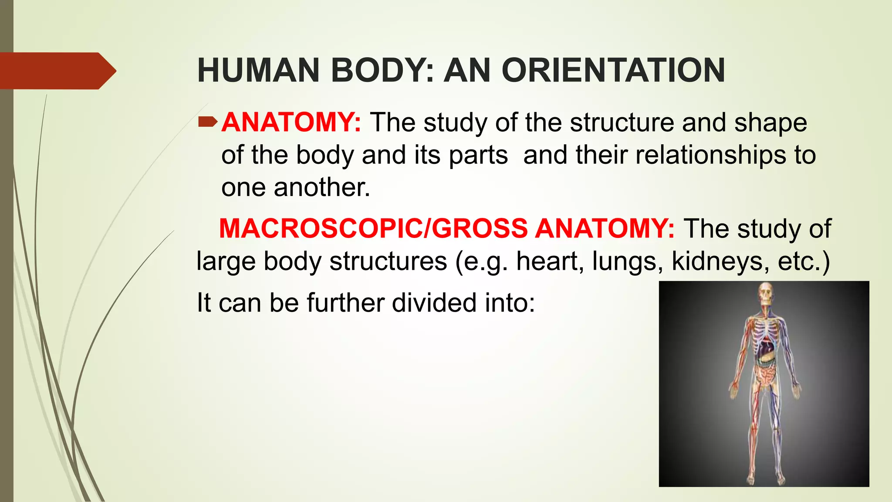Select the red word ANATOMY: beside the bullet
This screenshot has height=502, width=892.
tap(291, 122)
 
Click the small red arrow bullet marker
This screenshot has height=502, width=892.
tap(207, 122)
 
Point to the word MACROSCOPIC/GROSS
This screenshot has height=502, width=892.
tap(373, 228)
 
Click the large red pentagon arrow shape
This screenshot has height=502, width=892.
tap(57, 71)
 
